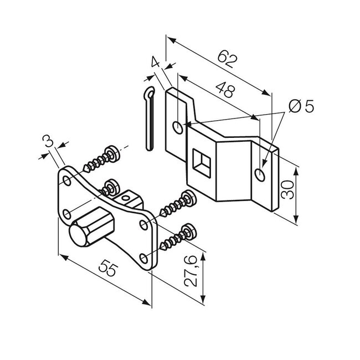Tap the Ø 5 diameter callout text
301,105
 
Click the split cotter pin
148,119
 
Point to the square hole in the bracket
201,161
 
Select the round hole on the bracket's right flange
259,175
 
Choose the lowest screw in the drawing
177,239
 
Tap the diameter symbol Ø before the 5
294,105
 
